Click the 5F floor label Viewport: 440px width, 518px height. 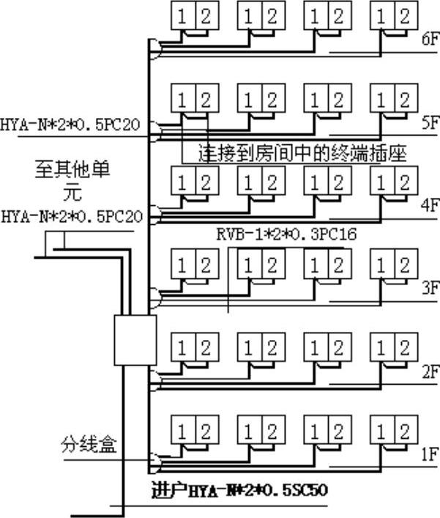tap(430, 124)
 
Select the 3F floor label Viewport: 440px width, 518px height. tap(430, 289)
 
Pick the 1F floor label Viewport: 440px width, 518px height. tap(430, 454)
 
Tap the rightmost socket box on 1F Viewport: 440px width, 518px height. tap(390, 429)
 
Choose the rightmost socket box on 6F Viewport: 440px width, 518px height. tap(390, 17)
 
